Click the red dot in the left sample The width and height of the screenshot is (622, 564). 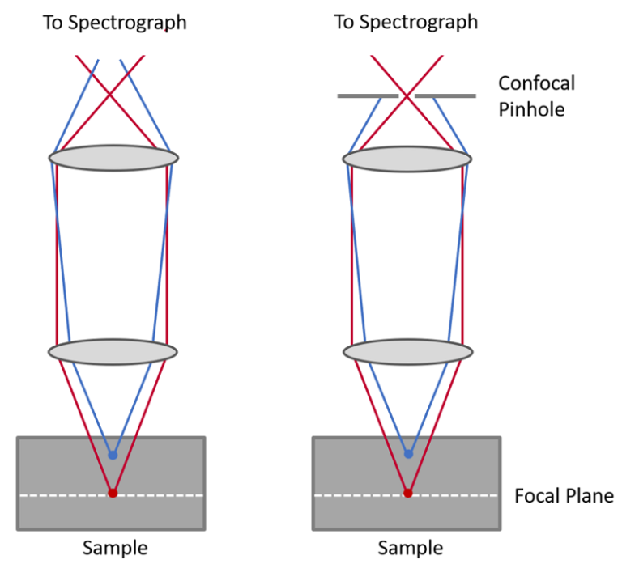[113, 493]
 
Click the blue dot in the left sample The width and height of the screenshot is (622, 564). [113, 455]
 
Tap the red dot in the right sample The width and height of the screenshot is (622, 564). [408, 493]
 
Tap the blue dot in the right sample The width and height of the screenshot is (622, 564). [408, 454]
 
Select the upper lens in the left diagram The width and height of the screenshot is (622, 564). [113, 156]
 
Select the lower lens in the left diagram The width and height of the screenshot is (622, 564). [113, 351]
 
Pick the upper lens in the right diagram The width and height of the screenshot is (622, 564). [407, 157]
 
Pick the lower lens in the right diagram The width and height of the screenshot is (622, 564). [407, 352]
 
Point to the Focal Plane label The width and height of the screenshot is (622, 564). [564, 495]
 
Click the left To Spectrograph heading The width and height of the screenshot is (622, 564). [114, 23]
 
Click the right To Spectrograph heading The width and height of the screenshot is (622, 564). [406, 23]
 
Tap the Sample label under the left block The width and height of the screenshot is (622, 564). [115, 548]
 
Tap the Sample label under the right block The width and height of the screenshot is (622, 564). [410, 548]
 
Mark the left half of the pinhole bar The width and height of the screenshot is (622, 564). [368, 96]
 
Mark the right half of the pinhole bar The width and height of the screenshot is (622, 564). [445, 96]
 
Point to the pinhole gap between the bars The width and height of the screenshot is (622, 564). [407, 96]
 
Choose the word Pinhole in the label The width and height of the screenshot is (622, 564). [531, 108]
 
